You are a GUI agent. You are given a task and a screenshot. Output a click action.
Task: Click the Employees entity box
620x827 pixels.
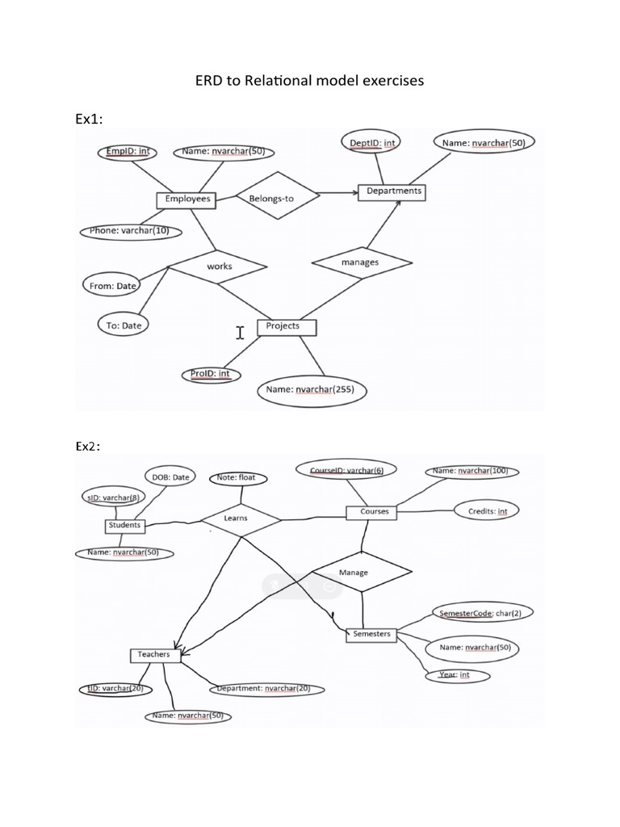pyautogui.click(x=187, y=199)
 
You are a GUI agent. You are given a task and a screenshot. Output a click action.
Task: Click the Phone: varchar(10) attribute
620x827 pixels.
pyautogui.click(x=131, y=231)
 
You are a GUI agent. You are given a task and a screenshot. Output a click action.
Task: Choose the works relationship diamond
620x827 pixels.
pyautogui.click(x=219, y=266)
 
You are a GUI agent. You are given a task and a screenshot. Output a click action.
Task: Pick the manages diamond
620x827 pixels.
pyautogui.click(x=360, y=262)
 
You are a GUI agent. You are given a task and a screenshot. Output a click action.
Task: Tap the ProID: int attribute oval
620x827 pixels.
pyautogui.click(x=211, y=374)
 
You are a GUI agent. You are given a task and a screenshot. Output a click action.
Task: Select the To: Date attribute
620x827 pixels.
pyautogui.click(x=123, y=325)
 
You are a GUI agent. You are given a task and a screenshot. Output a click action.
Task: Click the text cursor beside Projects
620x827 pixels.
pyautogui.click(x=240, y=332)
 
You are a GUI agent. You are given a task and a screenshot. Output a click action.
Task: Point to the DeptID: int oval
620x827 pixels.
pyautogui.click(x=372, y=144)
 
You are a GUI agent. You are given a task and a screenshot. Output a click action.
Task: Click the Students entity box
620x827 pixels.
pyautogui.click(x=124, y=525)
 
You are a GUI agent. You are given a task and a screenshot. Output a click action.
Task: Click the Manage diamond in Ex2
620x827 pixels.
pyautogui.click(x=354, y=573)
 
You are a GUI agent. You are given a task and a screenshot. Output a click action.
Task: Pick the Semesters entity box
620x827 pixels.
pyautogui.click(x=371, y=634)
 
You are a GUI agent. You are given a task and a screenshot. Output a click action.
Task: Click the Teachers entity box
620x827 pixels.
pyautogui.click(x=154, y=654)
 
